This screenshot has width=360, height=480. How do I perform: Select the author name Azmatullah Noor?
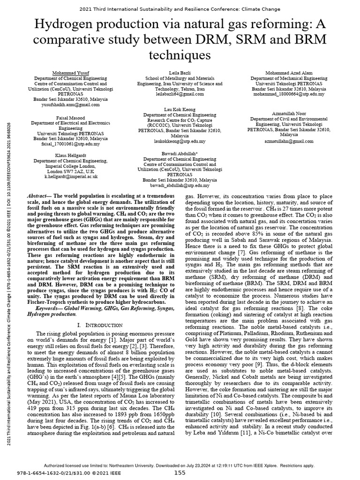pyautogui.click(x=288, y=114)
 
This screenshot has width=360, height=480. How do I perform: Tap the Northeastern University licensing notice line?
pyautogui.click(x=180, y=465)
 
